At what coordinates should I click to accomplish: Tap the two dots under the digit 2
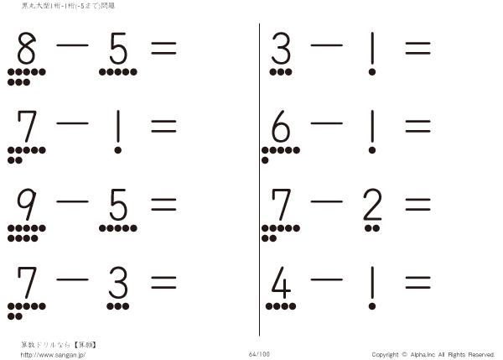point(372,228)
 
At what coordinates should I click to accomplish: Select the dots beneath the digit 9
point(23,232)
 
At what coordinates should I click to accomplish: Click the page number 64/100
point(258,353)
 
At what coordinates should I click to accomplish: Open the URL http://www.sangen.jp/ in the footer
point(52,354)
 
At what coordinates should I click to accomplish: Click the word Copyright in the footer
point(385,354)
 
